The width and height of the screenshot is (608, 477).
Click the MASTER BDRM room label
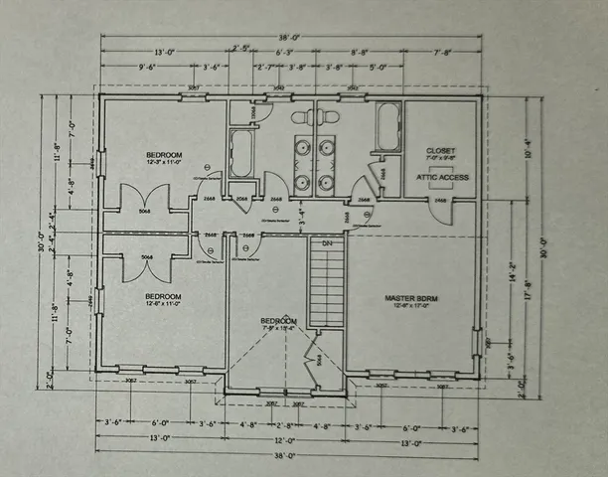(412, 297)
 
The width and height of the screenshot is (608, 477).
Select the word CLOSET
(440, 150)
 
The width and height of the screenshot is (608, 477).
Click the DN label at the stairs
(326, 243)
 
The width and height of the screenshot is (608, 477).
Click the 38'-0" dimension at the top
(289, 38)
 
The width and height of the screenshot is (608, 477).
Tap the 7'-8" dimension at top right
(439, 53)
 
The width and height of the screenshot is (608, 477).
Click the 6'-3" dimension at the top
(283, 53)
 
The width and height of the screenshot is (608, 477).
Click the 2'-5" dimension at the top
(239, 48)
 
